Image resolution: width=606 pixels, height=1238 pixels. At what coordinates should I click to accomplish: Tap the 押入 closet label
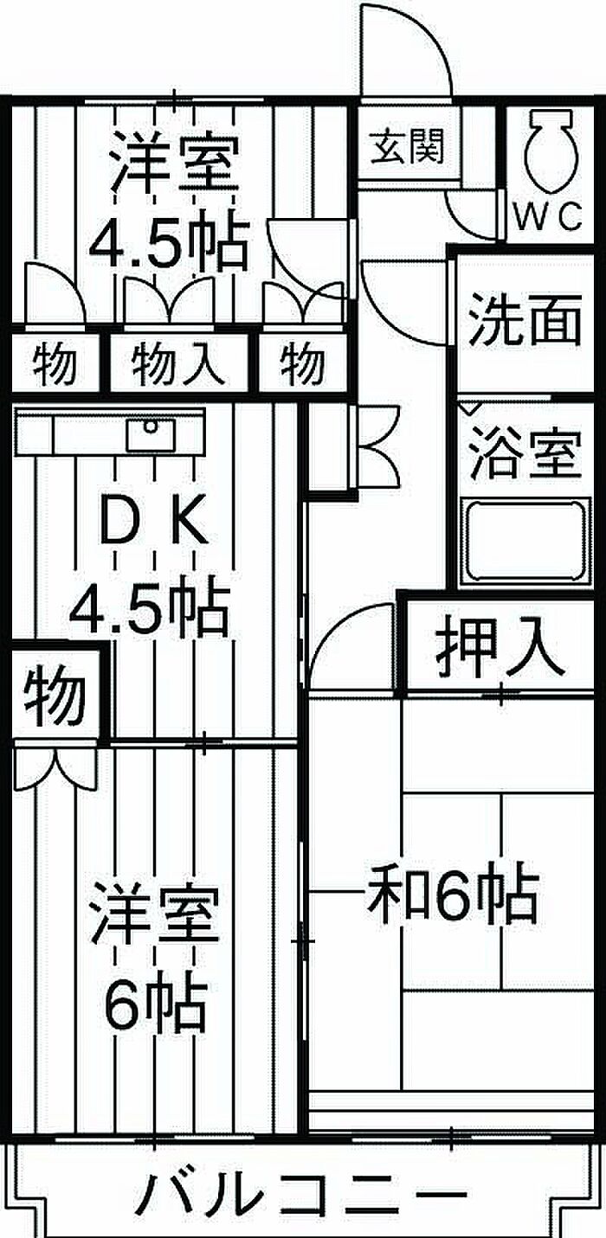pyautogui.click(x=500, y=649)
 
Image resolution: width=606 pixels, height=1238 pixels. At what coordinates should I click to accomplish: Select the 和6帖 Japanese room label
pyautogui.click(x=453, y=895)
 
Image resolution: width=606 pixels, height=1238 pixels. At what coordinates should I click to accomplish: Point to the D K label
pyautogui.click(x=152, y=522)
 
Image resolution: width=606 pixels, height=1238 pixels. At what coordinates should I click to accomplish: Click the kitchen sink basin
pyautogui.click(x=151, y=433)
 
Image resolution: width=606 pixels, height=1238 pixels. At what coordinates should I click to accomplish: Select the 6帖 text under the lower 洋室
pyautogui.click(x=156, y=1003)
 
